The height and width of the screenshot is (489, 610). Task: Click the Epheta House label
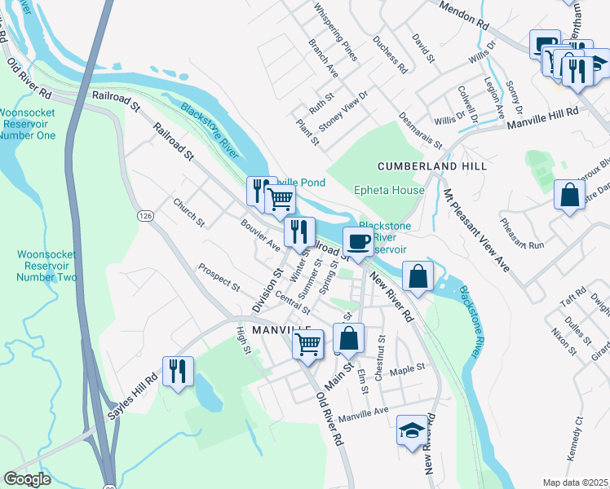(x=389, y=191)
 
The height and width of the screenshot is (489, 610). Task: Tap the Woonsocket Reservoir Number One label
(x=28, y=124)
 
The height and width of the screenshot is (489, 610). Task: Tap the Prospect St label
(x=219, y=277)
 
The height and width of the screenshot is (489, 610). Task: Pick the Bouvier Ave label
(x=260, y=235)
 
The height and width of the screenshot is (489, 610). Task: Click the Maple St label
(x=408, y=368)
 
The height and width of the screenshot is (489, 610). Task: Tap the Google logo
(x=27, y=479)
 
